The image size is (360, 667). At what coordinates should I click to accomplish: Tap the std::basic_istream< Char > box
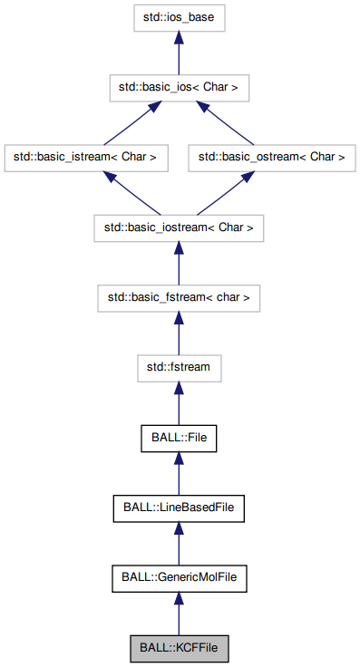click(x=85, y=157)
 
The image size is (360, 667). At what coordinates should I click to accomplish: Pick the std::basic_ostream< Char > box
click(x=272, y=157)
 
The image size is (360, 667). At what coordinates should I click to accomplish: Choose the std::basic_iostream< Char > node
click(x=179, y=227)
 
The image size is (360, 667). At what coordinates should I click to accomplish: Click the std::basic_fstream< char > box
click(x=179, y=297)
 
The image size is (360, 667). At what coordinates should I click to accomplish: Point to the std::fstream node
click(x=179, y=367)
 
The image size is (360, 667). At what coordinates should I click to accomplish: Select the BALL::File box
click(x=179, y=438)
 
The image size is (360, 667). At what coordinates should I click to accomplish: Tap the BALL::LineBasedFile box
click(x=179, y=507)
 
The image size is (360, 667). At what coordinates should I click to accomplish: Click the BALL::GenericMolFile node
click(x=179, y=577)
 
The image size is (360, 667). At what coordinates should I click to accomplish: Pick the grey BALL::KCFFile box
click(x=179, y=648)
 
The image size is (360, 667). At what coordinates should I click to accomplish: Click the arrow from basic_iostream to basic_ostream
click(x=228, y=191)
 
